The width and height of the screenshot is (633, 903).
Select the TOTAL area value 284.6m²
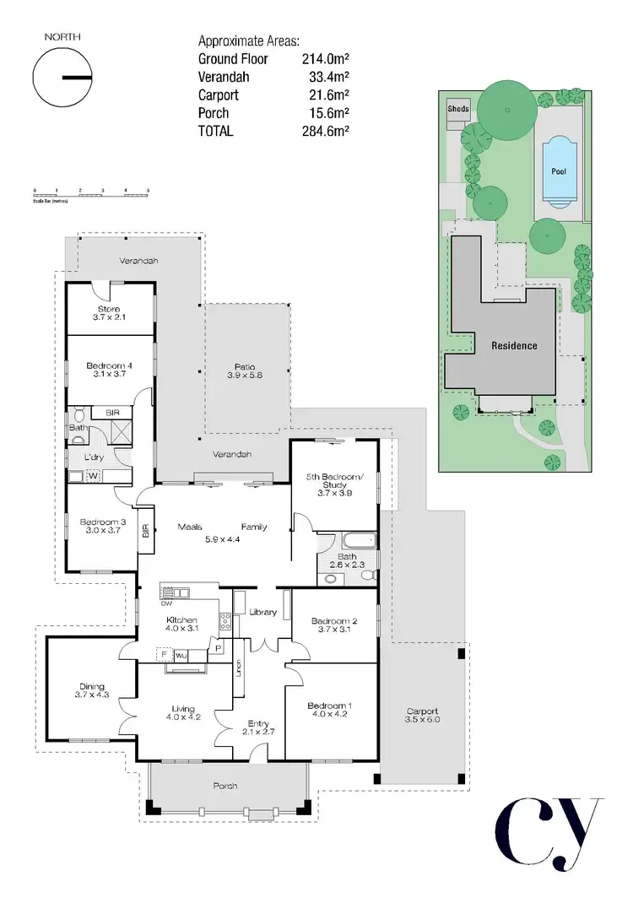coord(326,131)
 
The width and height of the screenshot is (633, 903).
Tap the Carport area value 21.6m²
coord(329,95)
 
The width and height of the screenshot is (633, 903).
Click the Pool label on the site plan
coord(559,171)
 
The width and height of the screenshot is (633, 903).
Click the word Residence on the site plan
coord(514,346)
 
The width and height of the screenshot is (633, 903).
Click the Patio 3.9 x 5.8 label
coord(245,372)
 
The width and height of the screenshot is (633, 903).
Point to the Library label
coord(263,612)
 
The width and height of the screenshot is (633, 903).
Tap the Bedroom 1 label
coord(328,710)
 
